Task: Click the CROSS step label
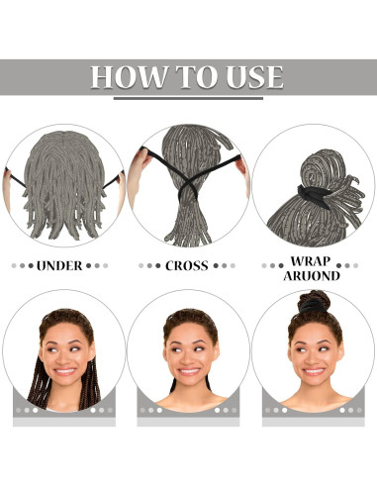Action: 187,265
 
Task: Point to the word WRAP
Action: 313,261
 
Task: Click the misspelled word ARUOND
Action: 313,276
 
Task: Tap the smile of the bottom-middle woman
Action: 187,373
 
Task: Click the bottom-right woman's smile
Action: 315,373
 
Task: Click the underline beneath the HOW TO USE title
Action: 188,97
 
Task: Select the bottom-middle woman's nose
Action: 189,359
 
